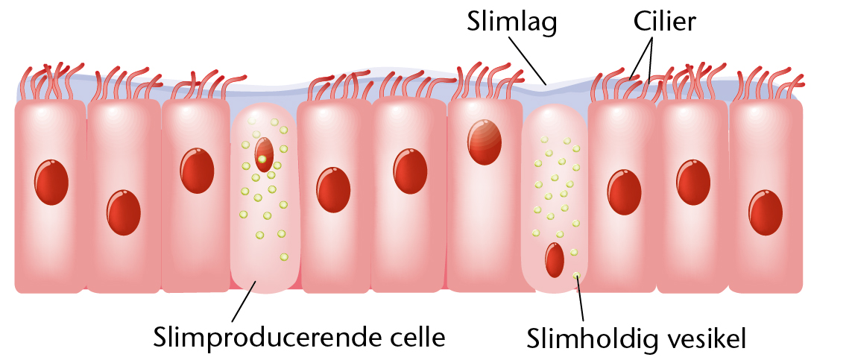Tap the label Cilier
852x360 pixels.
pos(665,22)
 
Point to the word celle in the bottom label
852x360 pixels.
pos(420,337)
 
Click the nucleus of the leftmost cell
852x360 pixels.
pos(51,182)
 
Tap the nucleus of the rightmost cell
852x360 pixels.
pos(766,212)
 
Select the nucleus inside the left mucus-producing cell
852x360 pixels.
pos(264,154)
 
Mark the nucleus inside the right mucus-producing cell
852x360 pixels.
pos(555,260)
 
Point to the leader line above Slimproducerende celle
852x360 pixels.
pos(244,301)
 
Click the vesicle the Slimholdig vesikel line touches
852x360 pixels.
pos(576,275)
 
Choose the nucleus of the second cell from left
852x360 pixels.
pos(124,212)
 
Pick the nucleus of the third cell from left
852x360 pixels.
pos(198,171)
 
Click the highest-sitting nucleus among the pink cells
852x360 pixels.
pos(484,142)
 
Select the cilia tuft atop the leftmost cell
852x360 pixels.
pos(51,81)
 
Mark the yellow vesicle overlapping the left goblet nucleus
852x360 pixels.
pos(262,159)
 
